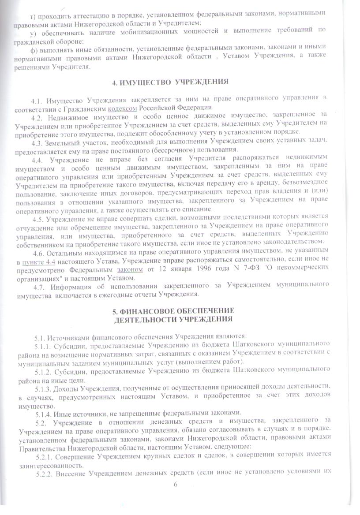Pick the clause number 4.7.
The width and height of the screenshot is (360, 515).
pos(39,286)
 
